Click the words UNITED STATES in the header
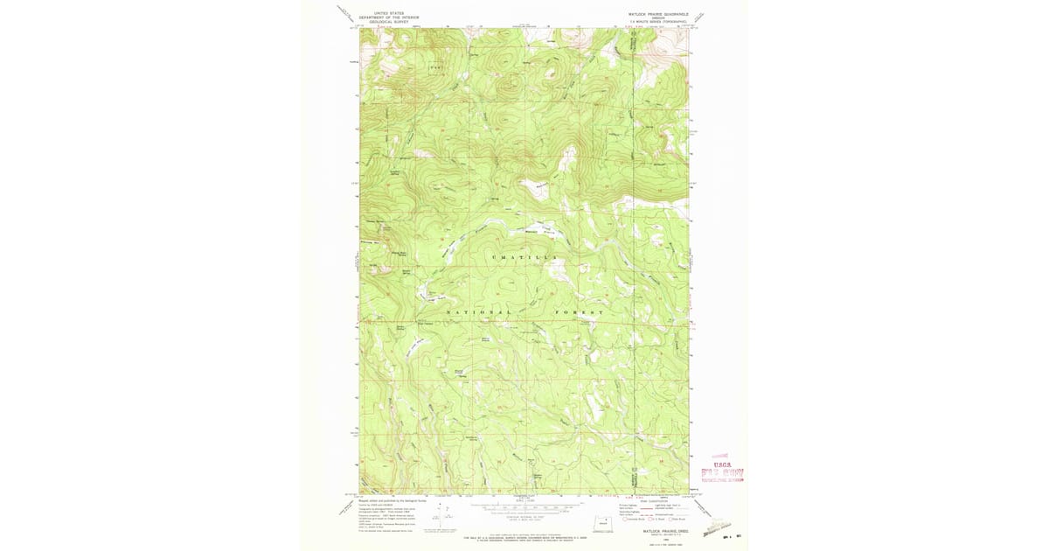tap(385, 13)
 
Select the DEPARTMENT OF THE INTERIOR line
tap(385, 17)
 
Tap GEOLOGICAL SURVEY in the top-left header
tap(385, 22)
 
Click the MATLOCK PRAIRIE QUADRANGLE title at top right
tap(657, 13)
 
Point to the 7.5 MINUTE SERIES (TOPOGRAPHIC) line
tap(657, 21)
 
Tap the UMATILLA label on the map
tap(524, 256)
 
